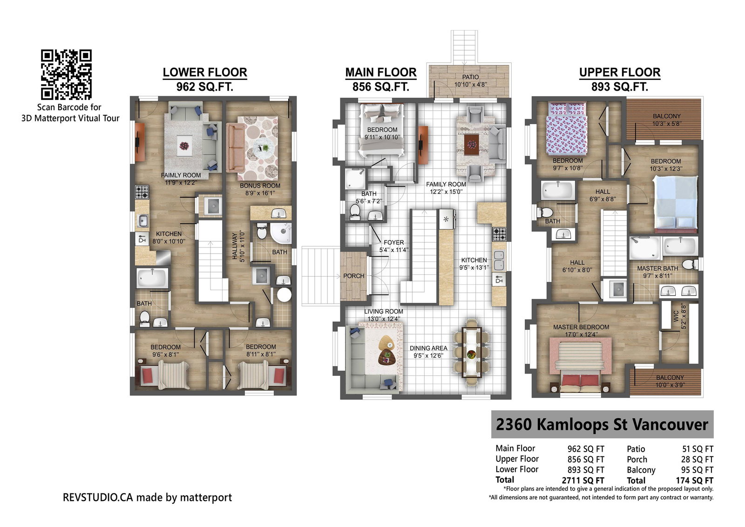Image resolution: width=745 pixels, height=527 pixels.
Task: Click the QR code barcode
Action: click(66, 74)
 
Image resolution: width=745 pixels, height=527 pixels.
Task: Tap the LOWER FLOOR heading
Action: click(205, 73)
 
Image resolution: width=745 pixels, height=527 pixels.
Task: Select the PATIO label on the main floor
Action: click(470, 77)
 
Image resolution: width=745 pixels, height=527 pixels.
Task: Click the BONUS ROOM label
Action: click(260, 186)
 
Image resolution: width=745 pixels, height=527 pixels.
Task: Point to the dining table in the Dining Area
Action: click(471, 353)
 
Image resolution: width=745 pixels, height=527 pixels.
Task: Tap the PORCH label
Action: click(353, 276)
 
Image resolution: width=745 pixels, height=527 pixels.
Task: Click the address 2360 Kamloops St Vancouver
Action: click(602, 424)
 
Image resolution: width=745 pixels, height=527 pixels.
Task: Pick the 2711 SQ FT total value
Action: click(583, 480)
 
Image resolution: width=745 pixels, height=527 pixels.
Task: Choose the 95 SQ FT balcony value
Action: click(697, 470)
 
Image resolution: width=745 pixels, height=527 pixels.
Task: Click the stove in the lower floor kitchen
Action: click(142, 192)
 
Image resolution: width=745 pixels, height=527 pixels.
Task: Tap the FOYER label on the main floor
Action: click(394, 242)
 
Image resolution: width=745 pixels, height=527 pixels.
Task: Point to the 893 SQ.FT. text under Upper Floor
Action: click(620, 87)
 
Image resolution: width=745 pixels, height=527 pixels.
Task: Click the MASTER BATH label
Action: click(657, 268)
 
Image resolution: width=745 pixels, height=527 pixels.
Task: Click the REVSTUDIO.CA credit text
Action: click(147, 497)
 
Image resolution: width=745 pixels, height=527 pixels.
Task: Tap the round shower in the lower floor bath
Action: click(281, 233)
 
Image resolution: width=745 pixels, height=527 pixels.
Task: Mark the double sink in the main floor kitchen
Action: click(499, 260)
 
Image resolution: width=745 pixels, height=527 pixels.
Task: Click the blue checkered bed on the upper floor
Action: click(676, 204)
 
